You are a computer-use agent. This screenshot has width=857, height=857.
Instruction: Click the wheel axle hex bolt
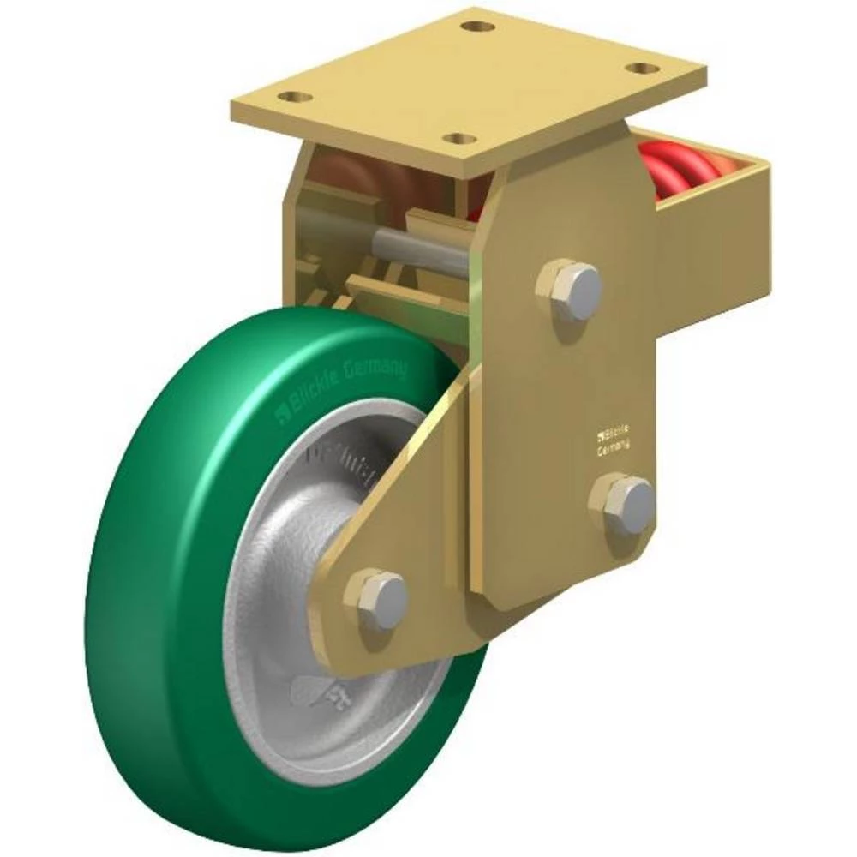pos(376,598)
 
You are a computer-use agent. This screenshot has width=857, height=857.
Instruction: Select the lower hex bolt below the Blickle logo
pos(624,505)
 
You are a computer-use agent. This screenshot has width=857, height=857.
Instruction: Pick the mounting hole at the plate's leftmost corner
pos(296,97)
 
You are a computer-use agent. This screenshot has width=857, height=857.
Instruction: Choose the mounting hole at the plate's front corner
pos(462,138)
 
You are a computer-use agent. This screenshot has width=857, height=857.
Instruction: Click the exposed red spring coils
pos(681,167)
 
